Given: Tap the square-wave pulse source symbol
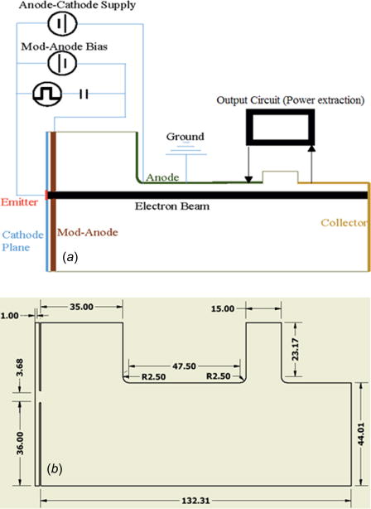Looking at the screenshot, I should pyautogui.click(x=46, y=94).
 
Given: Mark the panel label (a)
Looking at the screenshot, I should pyautogui.click(x=70, y=258).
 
